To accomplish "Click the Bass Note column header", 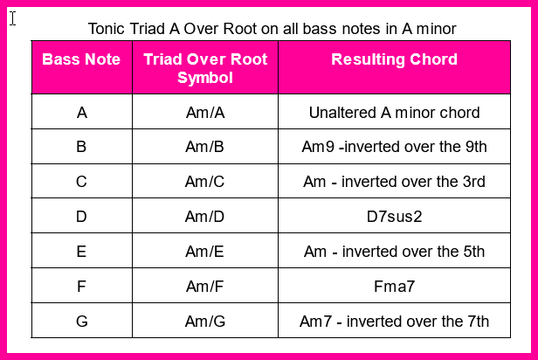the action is (x=81, y=59).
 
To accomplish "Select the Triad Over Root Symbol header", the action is (x=205, y=68).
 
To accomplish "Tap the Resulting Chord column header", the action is (x=394, y=59).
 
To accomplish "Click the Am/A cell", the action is (x=205, y=113).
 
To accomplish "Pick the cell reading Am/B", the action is (x=205, y=147).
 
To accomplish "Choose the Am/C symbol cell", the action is (x=205, y=182).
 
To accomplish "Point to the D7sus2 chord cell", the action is (x=394, y=217).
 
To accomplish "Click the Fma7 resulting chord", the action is (x=394, y=287).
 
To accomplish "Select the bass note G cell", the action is (x=82, y=322).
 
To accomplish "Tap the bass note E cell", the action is (x=81, y=252).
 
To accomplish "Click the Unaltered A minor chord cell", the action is (x=394, y=113).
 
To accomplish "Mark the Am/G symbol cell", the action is (x=205, y=322).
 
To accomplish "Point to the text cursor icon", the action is (x=13, y=18).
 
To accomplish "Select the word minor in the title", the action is (x=436, y=29).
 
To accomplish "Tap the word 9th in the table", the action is (x=476, y=147).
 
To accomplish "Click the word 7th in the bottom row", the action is (x=479, y=322).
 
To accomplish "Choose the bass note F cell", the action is (x=81, y=287).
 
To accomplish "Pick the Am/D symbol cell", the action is (x=205, y=217).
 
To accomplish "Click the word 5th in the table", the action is (x=474, y=252).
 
